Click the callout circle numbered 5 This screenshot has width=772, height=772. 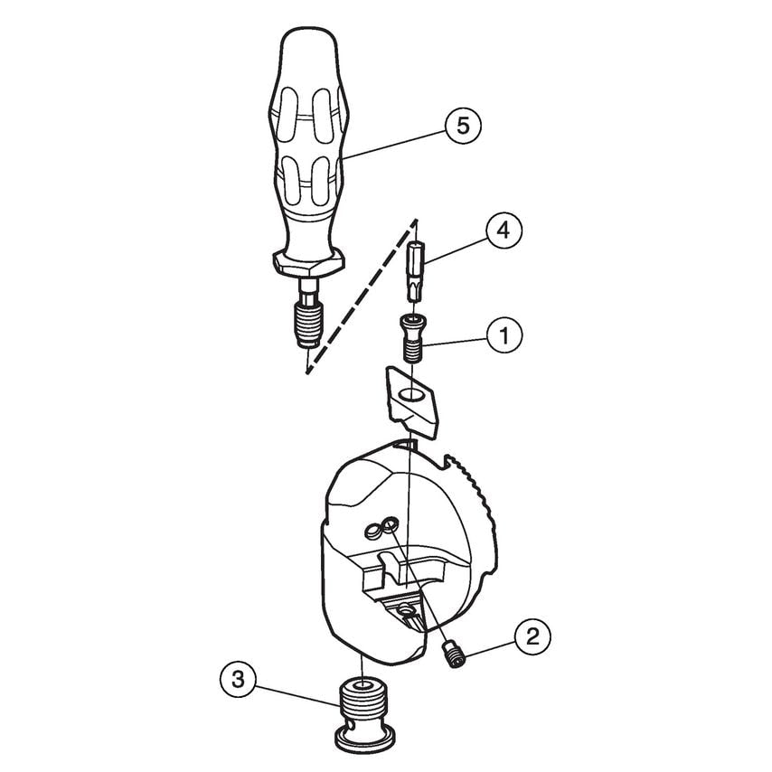462,126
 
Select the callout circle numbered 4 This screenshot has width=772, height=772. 504,231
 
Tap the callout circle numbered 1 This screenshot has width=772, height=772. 504,336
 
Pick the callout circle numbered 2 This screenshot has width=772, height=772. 532,635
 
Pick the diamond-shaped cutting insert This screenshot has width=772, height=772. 410,401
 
